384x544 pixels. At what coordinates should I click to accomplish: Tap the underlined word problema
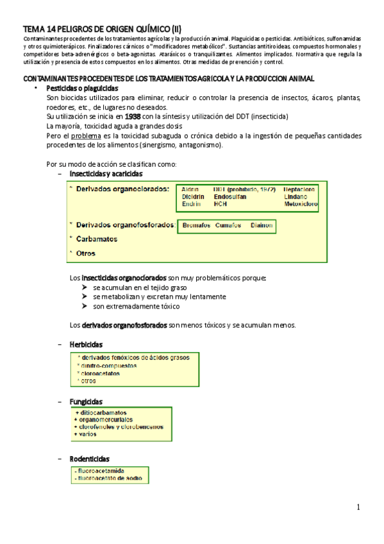pos(84,136)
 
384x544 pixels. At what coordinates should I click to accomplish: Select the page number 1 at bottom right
pos(360,507)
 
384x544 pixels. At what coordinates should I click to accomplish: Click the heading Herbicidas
pos(87,344)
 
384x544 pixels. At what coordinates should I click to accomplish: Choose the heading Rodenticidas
pos(89,459)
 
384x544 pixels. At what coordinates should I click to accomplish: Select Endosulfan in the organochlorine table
pos(230,196)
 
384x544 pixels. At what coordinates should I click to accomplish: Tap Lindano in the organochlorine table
pos(296,196)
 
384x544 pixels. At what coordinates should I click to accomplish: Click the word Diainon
pos(262,225)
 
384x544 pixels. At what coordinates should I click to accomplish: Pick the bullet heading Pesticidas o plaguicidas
pos(83,87)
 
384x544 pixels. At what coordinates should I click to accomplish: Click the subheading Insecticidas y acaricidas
pos(106,173)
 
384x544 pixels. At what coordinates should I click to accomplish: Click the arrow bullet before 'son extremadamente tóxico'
pos(85,307)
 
